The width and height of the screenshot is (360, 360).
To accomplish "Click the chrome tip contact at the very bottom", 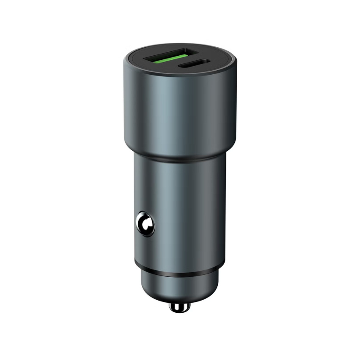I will click(179, 307).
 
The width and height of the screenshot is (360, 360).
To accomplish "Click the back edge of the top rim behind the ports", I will click(180, 47).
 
